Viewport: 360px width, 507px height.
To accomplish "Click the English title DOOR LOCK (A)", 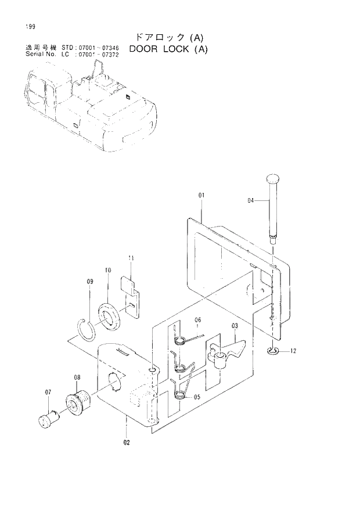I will pyautogui.click(x=168, y=49).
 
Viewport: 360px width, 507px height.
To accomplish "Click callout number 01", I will pyautogui.click(x=201, y=196).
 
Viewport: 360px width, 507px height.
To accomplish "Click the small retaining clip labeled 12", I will pyautogui.click(x=273, y=350).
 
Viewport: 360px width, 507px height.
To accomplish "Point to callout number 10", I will pyautogui.click(x=107, y=270).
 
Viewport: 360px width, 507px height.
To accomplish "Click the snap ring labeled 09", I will pyautogui.click(x=89, y=333).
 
